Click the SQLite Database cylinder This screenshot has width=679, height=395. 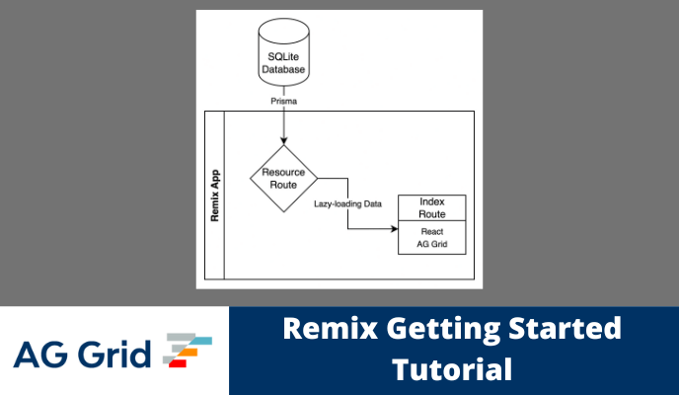pyautogui.click(x=284, y=55)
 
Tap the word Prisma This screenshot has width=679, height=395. pyautogui.click(x=284, y=100)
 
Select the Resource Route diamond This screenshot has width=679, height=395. pyautogui.click(x=284, y=177)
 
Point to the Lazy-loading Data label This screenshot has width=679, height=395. pyautogui.click(x=347, y=203)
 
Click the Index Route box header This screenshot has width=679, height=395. pyautogui.click(x=431, y=207)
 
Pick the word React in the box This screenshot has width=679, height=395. pyautogui.click(x=431, y=231)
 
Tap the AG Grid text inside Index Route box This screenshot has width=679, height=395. pyautogui.click(x=431, y=244)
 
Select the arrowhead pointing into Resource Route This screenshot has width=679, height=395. pyautogui.click(x=284, y=138)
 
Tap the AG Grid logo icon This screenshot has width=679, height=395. pyautogui.click(x=187, y=351)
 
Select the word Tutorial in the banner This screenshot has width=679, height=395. pyautogui.click(x=452, y=370)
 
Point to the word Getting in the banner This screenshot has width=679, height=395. pyautogui.click(x=427, y=329)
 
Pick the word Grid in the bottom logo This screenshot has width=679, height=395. pyautogui.click(x=117, y=353)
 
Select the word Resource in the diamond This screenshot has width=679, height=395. pyautogui.click(x=284, y=171)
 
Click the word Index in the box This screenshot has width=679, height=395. pyautogui.click(x=431, y=200)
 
